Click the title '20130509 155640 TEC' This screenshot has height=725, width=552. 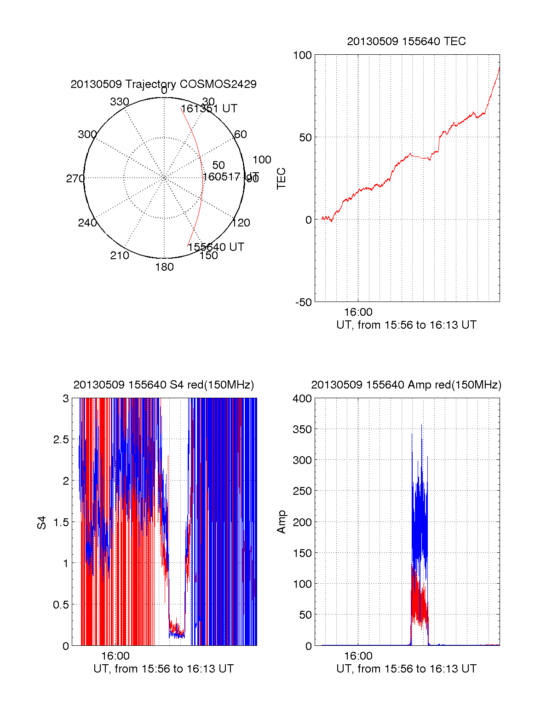coord(406,41)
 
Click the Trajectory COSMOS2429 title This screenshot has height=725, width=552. coord(163,84)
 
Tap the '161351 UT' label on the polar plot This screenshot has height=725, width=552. coord(209,109)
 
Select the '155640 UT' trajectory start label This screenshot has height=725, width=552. coord(216,247)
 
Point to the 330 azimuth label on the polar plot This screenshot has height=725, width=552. coord(120,102)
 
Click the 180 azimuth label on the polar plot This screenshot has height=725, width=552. coord(164,267)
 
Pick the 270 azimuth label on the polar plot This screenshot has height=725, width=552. coord(75,179)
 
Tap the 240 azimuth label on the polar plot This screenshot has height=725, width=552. coord(87,223)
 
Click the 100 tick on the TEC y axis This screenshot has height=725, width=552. coord(302,55)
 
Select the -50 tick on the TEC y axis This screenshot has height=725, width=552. coord(304,302)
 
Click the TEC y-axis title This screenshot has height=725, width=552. coord(281,179)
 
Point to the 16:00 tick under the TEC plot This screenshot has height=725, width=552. coord(358,312)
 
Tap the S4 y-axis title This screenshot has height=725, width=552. coord(42,522)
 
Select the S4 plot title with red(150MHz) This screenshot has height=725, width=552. coord(163,385)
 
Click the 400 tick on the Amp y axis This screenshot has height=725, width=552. coord(302,399)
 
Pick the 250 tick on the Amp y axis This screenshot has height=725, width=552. coord(302,491)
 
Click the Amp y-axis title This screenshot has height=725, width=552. coord(281,522)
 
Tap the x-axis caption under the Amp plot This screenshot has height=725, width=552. coord(406,669)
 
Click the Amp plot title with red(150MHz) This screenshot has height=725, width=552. coord(406,385)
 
